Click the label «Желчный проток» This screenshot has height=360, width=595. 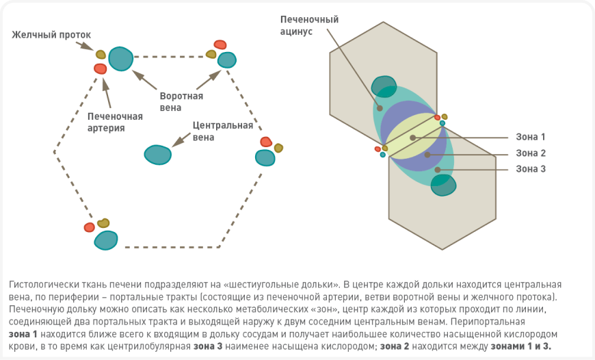51,34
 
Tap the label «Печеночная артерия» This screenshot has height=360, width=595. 115,122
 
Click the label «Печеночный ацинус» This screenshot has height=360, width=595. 309,25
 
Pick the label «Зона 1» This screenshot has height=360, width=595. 531,137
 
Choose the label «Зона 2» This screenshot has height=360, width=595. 531,153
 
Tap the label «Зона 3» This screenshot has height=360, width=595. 531,169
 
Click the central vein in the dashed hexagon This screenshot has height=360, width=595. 157,155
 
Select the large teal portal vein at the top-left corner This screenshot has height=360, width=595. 121,59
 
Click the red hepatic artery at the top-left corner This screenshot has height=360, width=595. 101,68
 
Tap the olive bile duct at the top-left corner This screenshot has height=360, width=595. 101,54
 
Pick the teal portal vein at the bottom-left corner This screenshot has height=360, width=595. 106,240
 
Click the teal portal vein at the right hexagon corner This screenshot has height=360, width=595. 265,157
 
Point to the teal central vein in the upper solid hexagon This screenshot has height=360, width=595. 384,87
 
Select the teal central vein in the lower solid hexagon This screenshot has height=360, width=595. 443,185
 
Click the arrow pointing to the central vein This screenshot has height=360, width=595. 181,140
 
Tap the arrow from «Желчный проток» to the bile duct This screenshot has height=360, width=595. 85,47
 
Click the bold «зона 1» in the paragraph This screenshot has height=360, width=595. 23,334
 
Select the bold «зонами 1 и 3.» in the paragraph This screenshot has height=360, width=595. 522,346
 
